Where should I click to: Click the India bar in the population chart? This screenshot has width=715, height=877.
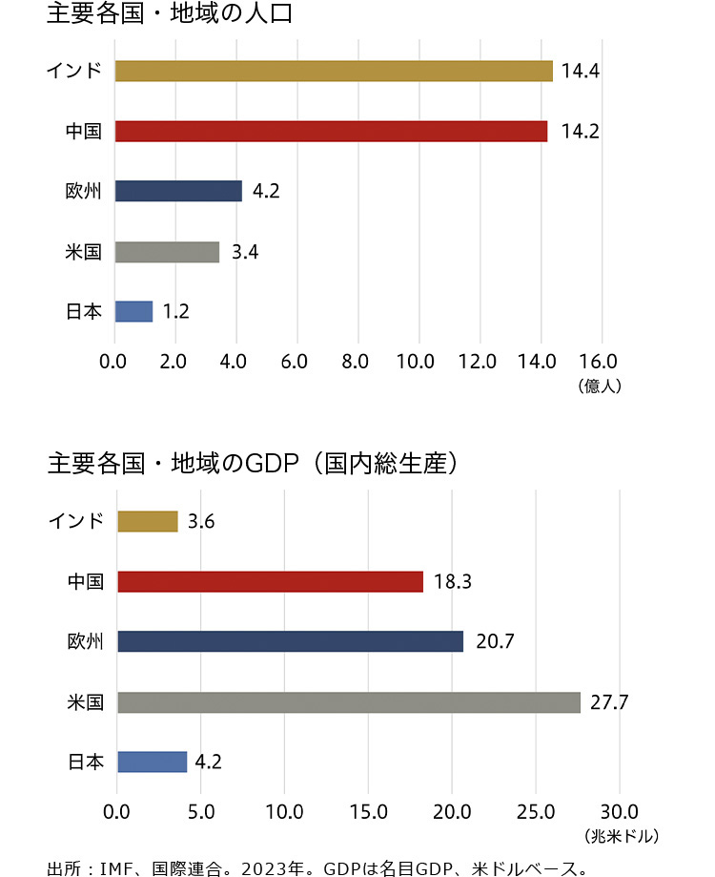(334, 72)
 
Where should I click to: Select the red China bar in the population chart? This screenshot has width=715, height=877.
(331, 132)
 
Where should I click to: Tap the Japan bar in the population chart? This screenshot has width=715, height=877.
(133, 311)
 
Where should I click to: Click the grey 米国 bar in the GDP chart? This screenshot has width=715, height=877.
(348, 702)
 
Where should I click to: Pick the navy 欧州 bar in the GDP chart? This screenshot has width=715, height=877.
(290, 641)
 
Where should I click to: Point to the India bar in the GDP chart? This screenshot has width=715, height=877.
(147, 521)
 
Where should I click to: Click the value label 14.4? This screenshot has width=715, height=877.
(580, 72)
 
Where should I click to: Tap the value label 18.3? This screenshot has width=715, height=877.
(452, 581)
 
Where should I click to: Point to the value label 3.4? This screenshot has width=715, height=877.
(245, 252)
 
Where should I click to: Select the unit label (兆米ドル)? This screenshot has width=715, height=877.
(621, 836)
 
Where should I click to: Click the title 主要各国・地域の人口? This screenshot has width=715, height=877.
(169, 14)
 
